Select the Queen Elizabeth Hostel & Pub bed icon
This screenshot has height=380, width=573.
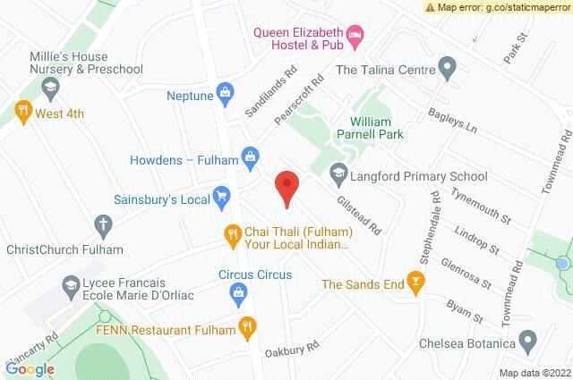coord(356,34)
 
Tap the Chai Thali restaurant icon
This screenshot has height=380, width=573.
coord(232,234)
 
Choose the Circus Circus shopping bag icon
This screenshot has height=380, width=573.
coord(239,291)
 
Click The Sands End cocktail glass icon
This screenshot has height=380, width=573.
coord(415,283)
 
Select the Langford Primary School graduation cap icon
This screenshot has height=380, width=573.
coord(338,171)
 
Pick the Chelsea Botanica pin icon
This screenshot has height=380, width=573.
coord(528,340)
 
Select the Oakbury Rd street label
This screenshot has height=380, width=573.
coord(292,347)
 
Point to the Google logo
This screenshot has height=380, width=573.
coord(30,368)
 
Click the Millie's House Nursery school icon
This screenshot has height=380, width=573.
coord(50,87)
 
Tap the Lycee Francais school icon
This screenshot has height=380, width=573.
coord(69,286)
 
